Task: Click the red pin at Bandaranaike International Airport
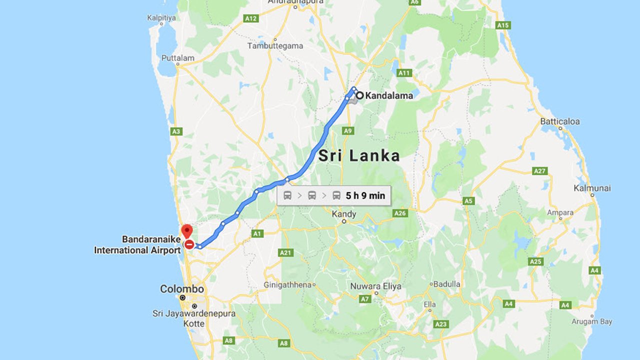187,231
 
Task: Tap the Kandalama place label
389,95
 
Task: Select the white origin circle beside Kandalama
359,95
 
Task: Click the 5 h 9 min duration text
365,195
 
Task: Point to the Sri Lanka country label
359,155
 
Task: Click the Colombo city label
182,289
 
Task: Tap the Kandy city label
344,214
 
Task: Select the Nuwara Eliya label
382,286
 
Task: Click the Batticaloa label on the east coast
560,121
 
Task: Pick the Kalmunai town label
592,188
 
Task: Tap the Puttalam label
177,58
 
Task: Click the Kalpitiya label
161,18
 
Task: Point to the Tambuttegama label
275,46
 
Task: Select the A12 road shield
251,18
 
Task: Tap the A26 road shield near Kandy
400,213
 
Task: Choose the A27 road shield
539,171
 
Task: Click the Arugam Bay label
592,321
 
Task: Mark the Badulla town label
446,283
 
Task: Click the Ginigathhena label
287,285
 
